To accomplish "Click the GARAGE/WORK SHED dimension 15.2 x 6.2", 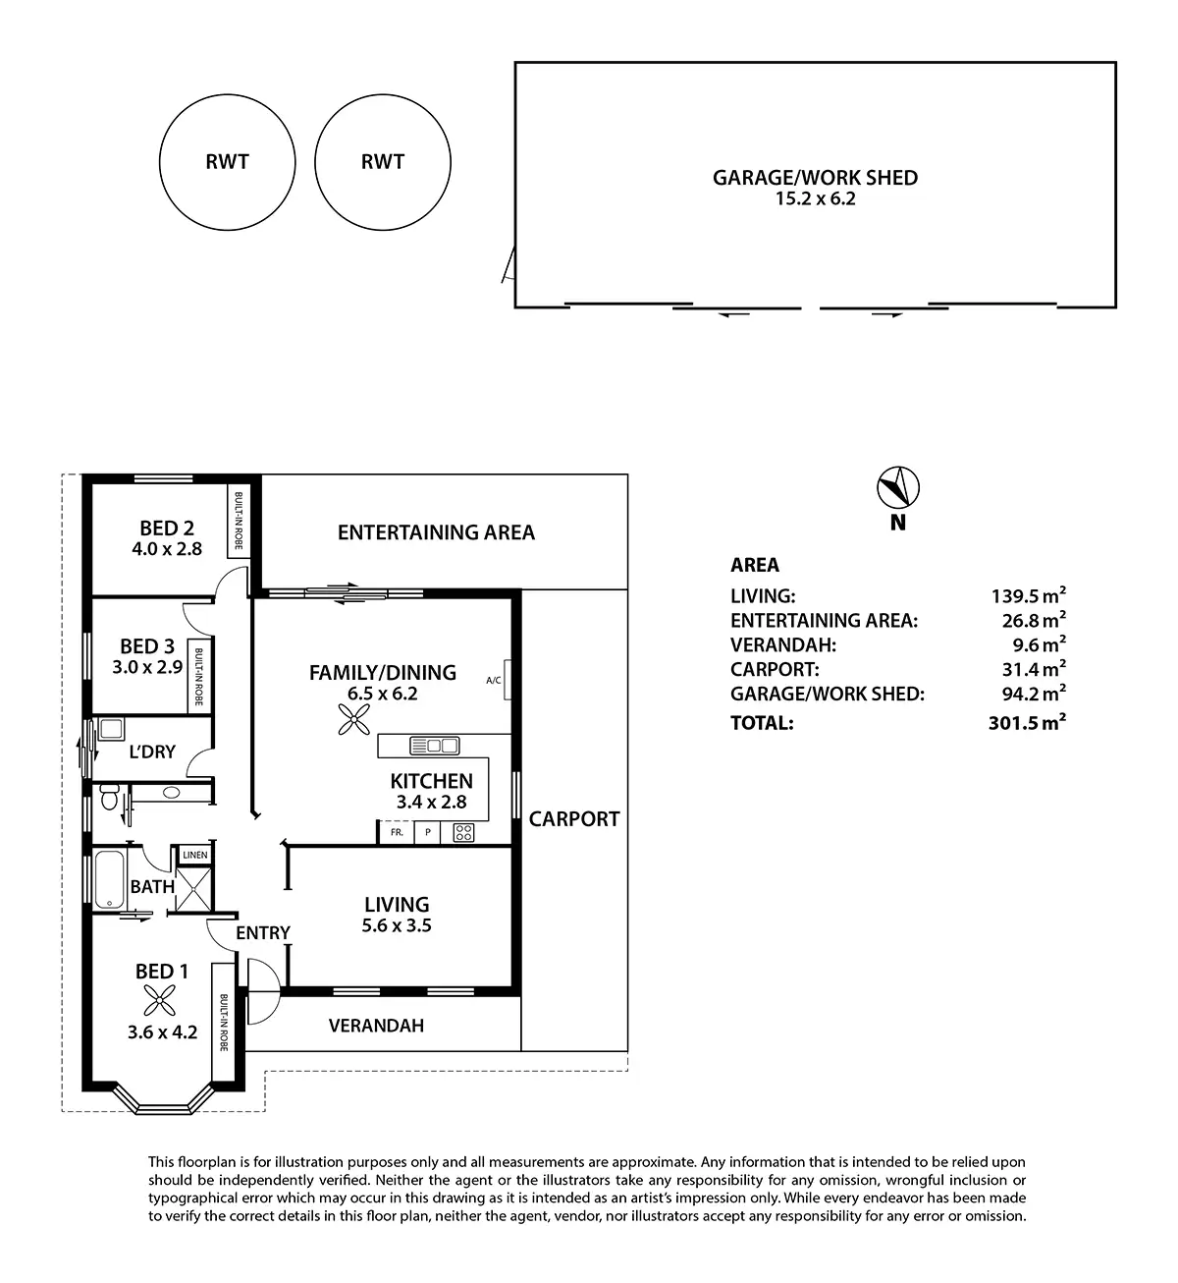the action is (x=815, y=198).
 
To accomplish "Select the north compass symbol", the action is (x=897, y=486).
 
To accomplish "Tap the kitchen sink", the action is (x=435, y=746).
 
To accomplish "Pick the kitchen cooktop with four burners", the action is (x=462, y=833).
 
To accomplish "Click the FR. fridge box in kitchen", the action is (x=397, y=832).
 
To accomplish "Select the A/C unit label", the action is (x=494, y=680).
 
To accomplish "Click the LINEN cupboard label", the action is (x=194, y=855).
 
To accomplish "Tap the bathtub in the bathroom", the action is (x=105, y=879).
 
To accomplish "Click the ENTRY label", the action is (x=263, y=933).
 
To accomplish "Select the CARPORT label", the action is (x=574, y=818).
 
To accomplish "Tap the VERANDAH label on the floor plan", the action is (x=376, y=1026).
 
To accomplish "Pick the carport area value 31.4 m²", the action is (x=1028, y=670).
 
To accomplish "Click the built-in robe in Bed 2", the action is (x=239, y=522).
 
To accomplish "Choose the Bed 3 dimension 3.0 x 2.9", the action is (x=147, y=666).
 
